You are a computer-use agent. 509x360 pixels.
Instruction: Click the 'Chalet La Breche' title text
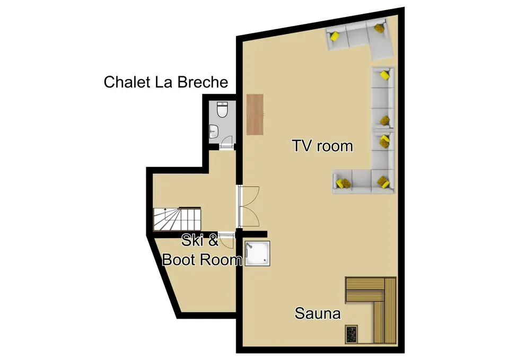tap(165, 82)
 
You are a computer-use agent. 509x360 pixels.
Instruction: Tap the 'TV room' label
tap(322, 145)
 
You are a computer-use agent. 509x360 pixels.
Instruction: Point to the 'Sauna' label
tap(318, 313)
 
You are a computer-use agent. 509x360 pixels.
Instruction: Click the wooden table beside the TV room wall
tap(255, 114)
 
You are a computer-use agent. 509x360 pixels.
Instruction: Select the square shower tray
tap(257, 253)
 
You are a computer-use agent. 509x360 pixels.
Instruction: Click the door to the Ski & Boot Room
tap(227, 240)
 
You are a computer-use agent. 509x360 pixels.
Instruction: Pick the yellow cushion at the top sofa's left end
tap(335, 37)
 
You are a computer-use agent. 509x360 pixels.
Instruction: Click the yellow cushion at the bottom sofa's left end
tap(343, 183)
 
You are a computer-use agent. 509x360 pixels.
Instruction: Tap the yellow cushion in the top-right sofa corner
tap(379, 28)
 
